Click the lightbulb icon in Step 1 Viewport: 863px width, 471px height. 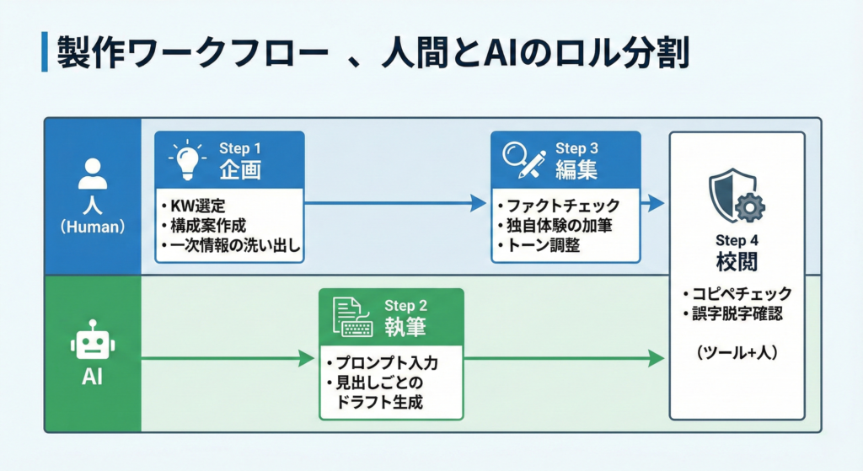190,159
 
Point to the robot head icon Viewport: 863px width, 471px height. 93,342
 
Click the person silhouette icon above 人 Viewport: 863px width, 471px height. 93,174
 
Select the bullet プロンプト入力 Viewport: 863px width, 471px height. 381,363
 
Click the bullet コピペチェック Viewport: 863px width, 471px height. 737,294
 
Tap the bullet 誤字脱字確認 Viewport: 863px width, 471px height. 737,315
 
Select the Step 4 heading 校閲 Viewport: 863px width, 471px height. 737,261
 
